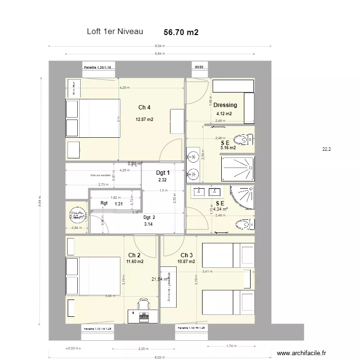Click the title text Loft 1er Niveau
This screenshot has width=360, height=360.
pos(115,32)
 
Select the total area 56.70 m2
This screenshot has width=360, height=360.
pos(181,32)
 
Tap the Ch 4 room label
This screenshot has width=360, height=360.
pos(144,107)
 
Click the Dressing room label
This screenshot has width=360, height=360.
pos(225,105)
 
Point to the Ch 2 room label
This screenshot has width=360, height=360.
pos(134,255)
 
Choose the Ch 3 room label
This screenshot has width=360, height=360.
pos(187,255)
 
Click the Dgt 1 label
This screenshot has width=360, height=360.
pos(163,173)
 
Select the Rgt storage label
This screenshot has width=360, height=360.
pos(104,203)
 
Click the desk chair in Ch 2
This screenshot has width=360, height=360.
pos(143,304)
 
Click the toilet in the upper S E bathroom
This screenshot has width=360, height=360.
pos(246,140)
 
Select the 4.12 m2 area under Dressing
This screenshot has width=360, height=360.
pos(224,114)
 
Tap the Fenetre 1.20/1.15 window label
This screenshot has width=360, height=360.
pos(98,68)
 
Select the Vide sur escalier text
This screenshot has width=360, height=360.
pos(99,176)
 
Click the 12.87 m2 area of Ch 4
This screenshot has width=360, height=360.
pos(144,120)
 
